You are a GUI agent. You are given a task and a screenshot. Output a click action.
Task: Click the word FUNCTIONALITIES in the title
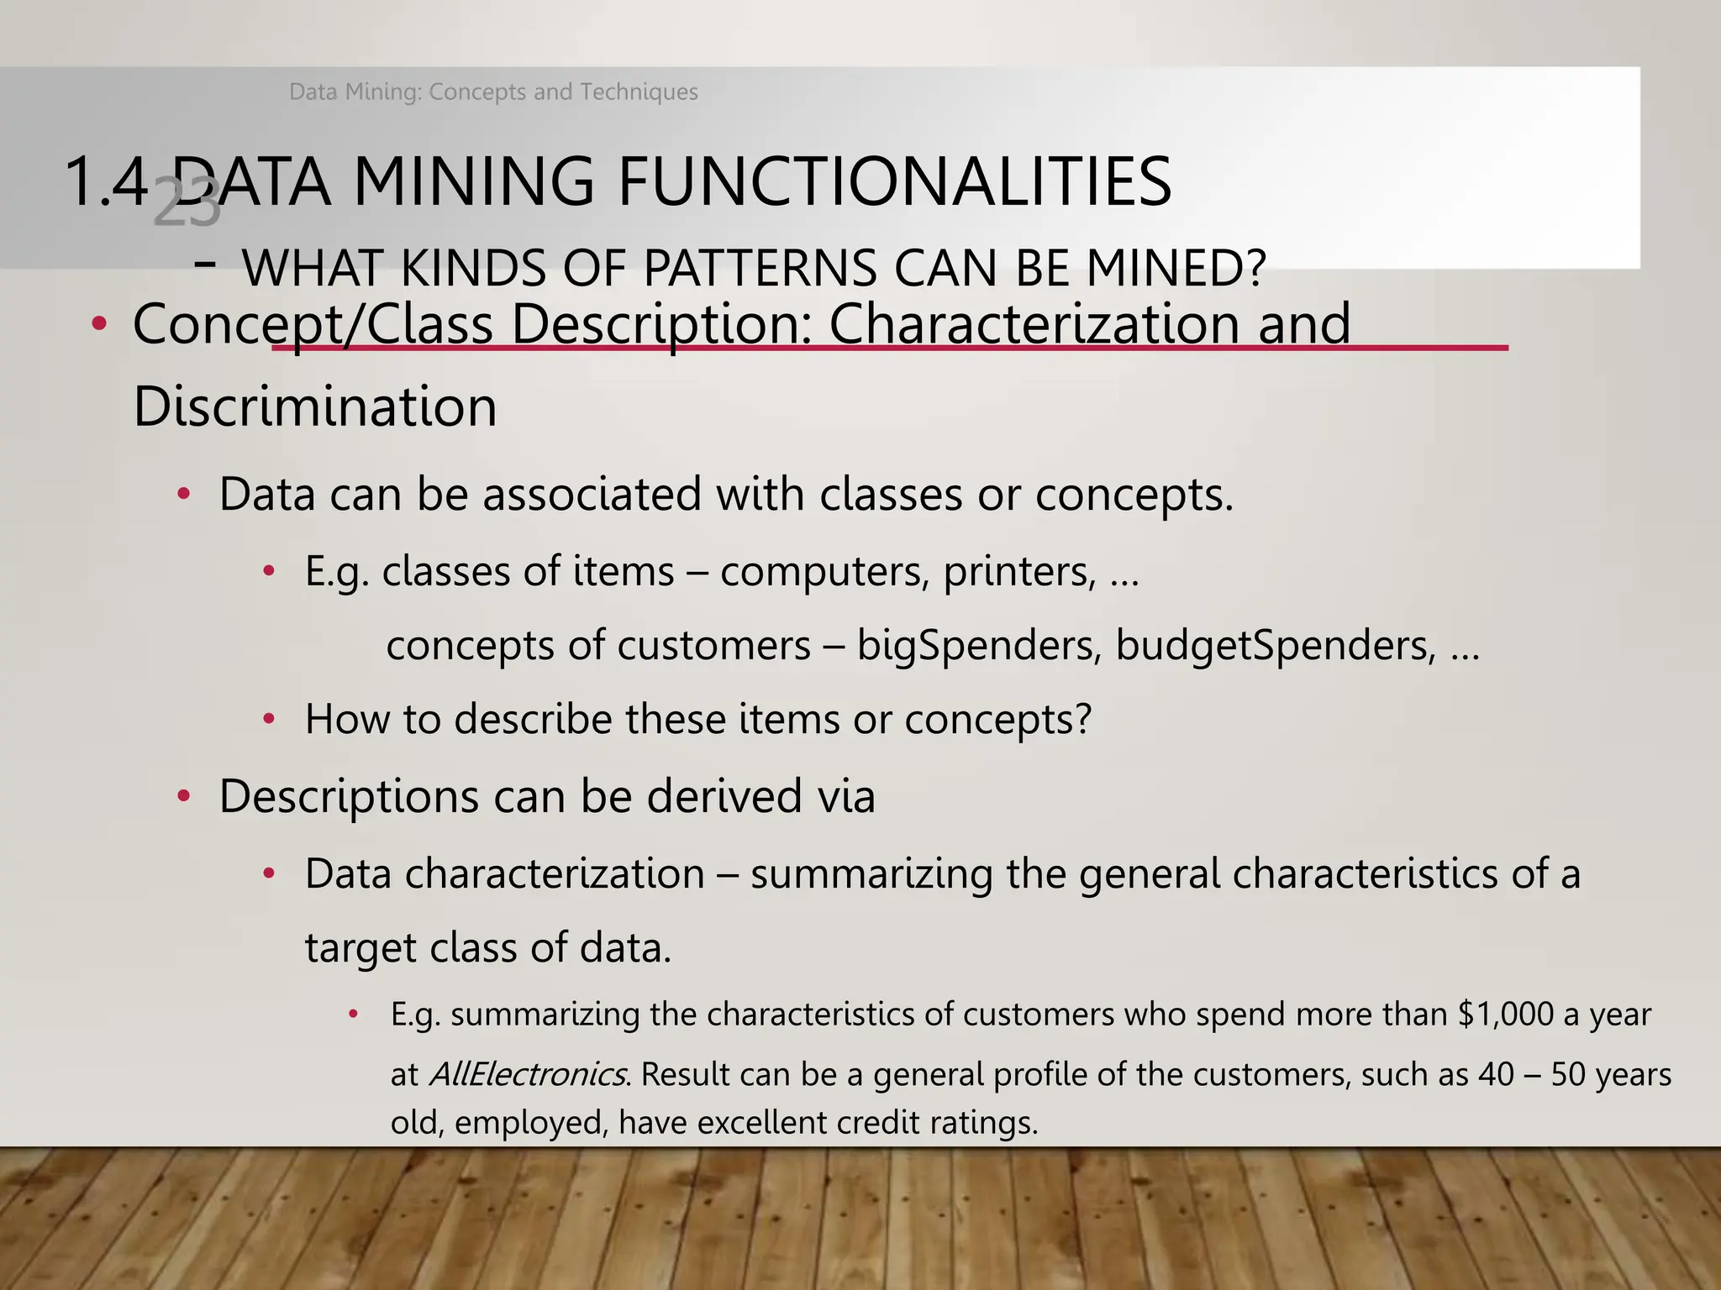click(x=894, y=181)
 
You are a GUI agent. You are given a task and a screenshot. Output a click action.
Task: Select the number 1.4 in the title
click(x=106, y=181)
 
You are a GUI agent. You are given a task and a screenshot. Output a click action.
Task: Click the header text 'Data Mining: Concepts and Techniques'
click(x=493, y=92)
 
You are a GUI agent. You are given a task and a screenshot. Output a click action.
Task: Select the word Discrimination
click(x=315, y=406)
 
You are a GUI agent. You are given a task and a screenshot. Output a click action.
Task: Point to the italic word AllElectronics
click(x=527, y=1074)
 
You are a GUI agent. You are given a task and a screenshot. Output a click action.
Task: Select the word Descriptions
click(x=349, y=795)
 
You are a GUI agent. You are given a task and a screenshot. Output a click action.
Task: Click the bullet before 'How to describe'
click(x=269, y=719)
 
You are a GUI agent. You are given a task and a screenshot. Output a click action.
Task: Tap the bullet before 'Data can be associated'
click(x=184, y=494)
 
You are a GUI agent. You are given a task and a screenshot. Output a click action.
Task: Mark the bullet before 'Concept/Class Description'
click(x=99, y=324)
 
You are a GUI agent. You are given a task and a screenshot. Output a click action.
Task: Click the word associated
click(x=592, y=494)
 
